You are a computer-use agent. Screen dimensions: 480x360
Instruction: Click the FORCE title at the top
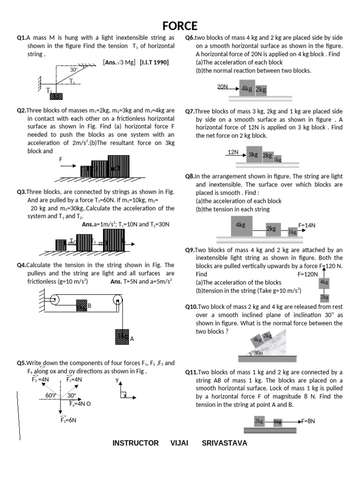click(180, 25)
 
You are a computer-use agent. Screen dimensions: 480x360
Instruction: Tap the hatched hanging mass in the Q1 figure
click(56, 96)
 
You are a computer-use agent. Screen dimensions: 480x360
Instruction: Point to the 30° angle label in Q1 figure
click(74, 70)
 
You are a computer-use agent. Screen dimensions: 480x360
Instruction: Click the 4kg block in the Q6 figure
click(247, 88)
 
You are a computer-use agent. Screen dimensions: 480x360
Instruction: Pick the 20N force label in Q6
click(222, 87)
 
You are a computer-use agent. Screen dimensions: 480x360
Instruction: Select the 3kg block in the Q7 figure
click(253, 154)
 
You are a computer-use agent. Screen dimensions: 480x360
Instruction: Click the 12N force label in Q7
click(233, 152)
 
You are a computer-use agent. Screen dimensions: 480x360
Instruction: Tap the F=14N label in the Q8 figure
click(307, 225)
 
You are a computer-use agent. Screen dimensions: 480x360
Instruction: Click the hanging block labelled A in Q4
click(122, 337)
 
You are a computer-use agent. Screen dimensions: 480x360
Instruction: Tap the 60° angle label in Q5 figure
click(50, 395)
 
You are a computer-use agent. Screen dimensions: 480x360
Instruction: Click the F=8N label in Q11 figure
click(308, 421)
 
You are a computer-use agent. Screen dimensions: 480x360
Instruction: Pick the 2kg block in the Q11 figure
click(259, 421)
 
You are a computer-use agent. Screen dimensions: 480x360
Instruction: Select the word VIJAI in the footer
click(180, 443)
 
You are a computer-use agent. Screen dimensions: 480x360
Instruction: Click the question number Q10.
click(193, 307)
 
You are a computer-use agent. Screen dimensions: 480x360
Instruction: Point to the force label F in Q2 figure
click(60, 160)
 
